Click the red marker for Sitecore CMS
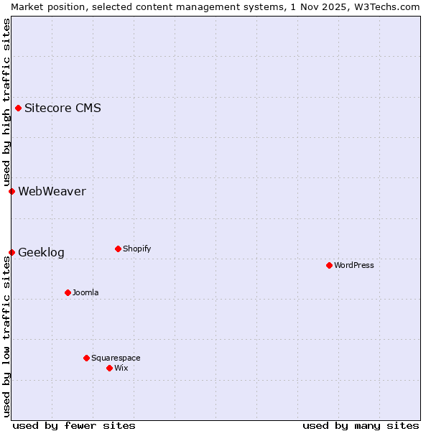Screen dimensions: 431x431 click(x=18, y=108)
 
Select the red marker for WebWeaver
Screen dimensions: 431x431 click(x=11, y=191)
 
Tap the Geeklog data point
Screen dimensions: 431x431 click(x=11, y=252)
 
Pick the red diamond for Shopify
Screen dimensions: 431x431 click(x=118, y=249)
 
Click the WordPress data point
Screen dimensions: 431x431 click(x=329, y=265)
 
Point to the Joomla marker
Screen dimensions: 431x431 click(x=68, y=292)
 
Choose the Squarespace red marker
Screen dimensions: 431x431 click(x=86, y=358)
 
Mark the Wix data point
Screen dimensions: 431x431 click(x=109, y=368)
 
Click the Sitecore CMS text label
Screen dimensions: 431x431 click(x=62, y=108)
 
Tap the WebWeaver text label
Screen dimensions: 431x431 click(x=52, y=191)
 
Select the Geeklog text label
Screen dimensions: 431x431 click(x=41, y=253)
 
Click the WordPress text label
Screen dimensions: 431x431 click(x=354, y=265)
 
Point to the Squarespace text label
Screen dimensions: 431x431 click(x=116, y=358)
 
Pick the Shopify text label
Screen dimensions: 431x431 click(x=136, y=249)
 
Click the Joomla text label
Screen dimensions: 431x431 click(x=85, y=292)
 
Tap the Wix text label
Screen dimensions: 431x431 click(x=121, y=368)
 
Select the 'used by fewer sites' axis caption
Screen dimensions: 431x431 click(x=74, y=425)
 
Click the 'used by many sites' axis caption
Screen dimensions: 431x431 click(x=361, y=425)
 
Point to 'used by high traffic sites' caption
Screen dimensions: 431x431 click(x=6, y=102)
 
